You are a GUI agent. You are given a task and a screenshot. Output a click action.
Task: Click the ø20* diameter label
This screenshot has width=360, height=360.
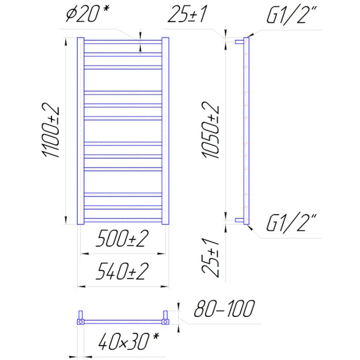tap(88, 13)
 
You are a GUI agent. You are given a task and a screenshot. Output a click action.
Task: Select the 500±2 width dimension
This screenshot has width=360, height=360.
tap(122, 238)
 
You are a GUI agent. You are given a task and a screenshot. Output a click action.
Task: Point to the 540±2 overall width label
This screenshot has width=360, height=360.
tap(122, 271)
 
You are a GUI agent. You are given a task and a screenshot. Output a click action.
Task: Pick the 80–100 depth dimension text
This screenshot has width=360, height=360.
tap(224, 309)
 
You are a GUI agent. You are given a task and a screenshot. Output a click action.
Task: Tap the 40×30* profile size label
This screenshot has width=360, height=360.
tap(129, 341)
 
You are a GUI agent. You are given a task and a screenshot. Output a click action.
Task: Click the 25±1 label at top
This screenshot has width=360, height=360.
tap(187, 14)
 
